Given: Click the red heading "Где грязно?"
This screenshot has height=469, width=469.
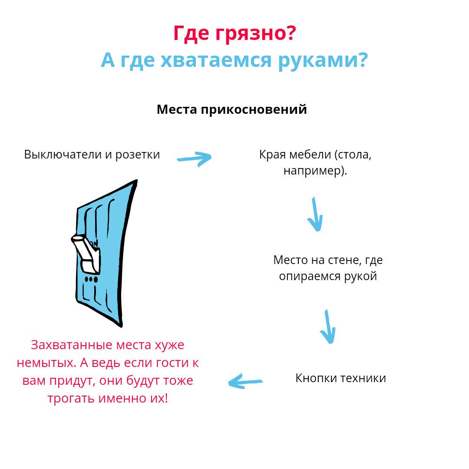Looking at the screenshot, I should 234,33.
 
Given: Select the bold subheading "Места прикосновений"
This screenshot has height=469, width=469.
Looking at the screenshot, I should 231,109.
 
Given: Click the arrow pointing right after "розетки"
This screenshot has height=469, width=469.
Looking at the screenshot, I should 194,159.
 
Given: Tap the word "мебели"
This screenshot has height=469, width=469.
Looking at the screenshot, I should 310,155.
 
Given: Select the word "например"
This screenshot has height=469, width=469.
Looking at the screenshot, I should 313,171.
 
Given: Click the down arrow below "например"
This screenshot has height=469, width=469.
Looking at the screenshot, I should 316,215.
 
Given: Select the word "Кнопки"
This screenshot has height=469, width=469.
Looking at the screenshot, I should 316,378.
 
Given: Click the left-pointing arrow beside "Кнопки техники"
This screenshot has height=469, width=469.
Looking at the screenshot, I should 245,382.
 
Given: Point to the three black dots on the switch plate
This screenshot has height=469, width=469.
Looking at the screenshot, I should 91,279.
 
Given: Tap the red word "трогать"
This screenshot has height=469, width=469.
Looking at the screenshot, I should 71,398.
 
